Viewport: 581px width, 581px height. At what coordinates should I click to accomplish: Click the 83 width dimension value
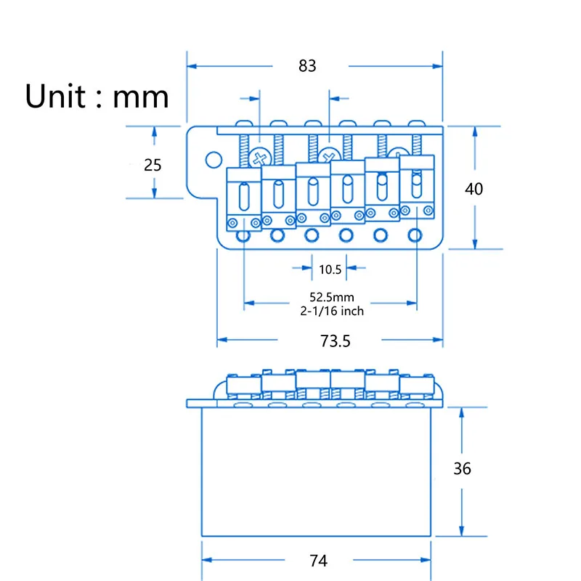pyautogui.click(x=307, y=65)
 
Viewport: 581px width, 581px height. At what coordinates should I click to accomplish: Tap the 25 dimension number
pyautogui.click(x=153, y=165)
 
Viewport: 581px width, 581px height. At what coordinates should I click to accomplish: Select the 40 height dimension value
pyautogui.click(x=474, y=189)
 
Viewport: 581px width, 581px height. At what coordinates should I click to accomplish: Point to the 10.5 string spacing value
pyautogui.click(x=330, y=269)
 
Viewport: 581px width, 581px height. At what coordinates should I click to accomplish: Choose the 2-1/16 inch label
pyautogui.click(x=331, y=311)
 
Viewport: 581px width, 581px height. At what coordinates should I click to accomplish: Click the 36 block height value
pyautogui.click(x=462, y=469)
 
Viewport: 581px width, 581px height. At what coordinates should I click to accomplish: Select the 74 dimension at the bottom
pyautogui.click(x=318, y=561)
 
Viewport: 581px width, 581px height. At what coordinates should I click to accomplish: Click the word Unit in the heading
pyautogui.click(x=54, y=96)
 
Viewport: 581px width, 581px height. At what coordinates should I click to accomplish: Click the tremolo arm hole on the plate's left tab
pyautogui.click(x=213, y=158)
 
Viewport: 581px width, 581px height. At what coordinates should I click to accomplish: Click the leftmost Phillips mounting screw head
pyautogui.click(x=259, y=155)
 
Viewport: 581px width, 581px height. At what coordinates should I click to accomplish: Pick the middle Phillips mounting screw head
pyautogui.click(x=329, y=155)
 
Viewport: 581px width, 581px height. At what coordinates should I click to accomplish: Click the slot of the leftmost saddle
pyautogui.click(x=243, y=196)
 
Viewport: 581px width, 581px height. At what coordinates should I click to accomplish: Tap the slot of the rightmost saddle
pyautogui.click(x=416, y=186)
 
